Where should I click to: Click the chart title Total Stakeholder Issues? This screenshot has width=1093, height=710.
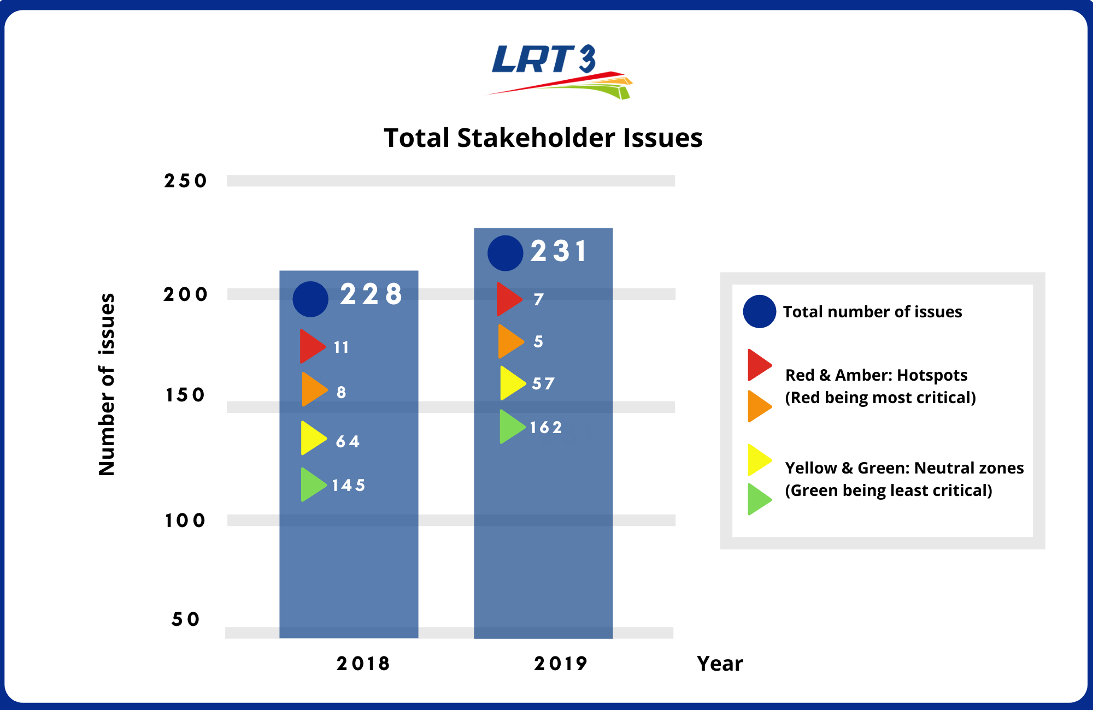[543, 138]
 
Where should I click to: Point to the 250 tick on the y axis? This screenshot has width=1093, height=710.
[185, 181]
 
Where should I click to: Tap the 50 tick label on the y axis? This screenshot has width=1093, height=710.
[185, 619]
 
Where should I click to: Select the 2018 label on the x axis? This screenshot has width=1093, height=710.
[363, 664]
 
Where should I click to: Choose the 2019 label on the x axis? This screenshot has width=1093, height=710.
[560, 664]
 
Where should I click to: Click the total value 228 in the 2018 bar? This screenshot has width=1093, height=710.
[371, 294]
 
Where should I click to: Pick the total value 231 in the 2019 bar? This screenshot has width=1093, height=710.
[559, 251]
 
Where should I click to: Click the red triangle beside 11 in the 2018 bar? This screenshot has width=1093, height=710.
[312, 346]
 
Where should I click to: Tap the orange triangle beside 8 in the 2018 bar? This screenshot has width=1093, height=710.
[313, 390]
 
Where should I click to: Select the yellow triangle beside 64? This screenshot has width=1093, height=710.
[312, 438]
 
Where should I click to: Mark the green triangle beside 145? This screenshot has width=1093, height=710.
[312, 484]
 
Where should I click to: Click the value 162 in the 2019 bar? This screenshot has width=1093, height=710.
[545, 427]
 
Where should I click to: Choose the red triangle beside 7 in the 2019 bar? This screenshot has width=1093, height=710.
[508, 299]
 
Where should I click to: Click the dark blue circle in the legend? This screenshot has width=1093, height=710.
[759, 311]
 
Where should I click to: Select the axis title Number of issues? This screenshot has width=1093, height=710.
[107, 384]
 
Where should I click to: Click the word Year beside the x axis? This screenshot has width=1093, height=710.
[720, 664]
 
